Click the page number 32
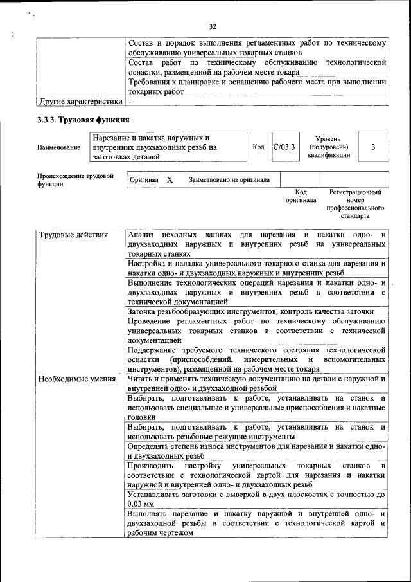212,26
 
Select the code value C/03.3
283,147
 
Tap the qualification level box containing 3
373,147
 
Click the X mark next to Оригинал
170,180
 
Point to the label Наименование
59,147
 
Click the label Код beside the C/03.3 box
258,147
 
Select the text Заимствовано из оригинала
229,180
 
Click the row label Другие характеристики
80,102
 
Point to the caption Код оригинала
301,196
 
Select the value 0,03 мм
142,504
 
